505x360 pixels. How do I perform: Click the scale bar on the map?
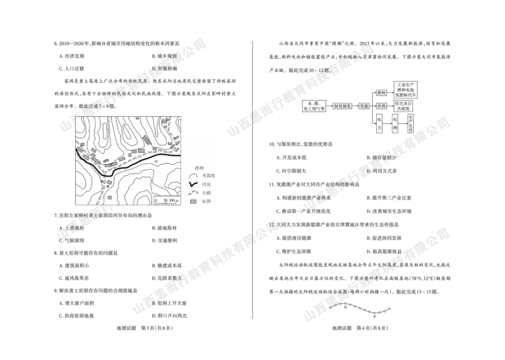point(166,203)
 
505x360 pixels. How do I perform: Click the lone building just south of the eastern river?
point(156,161)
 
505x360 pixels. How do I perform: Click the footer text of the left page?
point(146,328)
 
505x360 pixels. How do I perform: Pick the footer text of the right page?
point(357,328)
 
